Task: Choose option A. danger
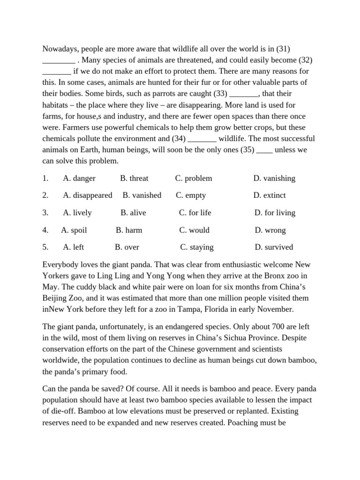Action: [x=79, y=178]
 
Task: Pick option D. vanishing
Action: [x=274, y=178]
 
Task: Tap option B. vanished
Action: [x=142, y=195]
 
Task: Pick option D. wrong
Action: [x=270, y=230]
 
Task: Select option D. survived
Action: [x=274, y=247]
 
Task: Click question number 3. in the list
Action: [x=45, y=212]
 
